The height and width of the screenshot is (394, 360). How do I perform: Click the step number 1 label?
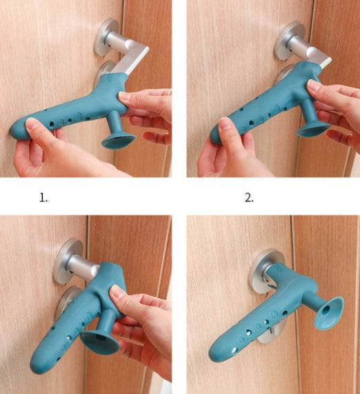43,198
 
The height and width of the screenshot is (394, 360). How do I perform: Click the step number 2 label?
249,198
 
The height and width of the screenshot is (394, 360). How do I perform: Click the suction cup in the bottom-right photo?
329,313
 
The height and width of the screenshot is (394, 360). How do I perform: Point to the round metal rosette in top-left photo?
106,37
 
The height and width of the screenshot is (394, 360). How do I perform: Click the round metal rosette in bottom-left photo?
67,261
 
